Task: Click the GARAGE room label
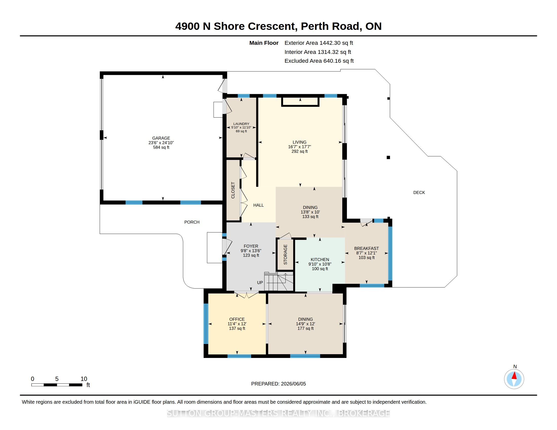tap(161, 138)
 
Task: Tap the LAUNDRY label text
tap(241, 124)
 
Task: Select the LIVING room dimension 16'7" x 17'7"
tap(300, 147)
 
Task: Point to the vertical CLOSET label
tap(233, 190)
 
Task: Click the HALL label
tap(258, 205)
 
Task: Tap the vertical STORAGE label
tap(285, 254)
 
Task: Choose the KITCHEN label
tap(320, 260)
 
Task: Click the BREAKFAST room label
tap(367, 248)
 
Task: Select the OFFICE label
tap(237, 319)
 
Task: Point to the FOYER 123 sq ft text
tap(251, 255)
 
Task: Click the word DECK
tap(419, 192)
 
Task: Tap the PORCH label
tap(192, 222)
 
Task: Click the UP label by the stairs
tap(260, 283)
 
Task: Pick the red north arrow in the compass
tap(514, 375)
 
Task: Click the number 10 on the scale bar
tap(84, 379)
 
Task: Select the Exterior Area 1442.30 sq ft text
tap(319, 43)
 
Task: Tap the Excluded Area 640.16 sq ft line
tap(319, 61)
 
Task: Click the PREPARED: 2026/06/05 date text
tap(278, 384)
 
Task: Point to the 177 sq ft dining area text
tap(306, 328)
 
